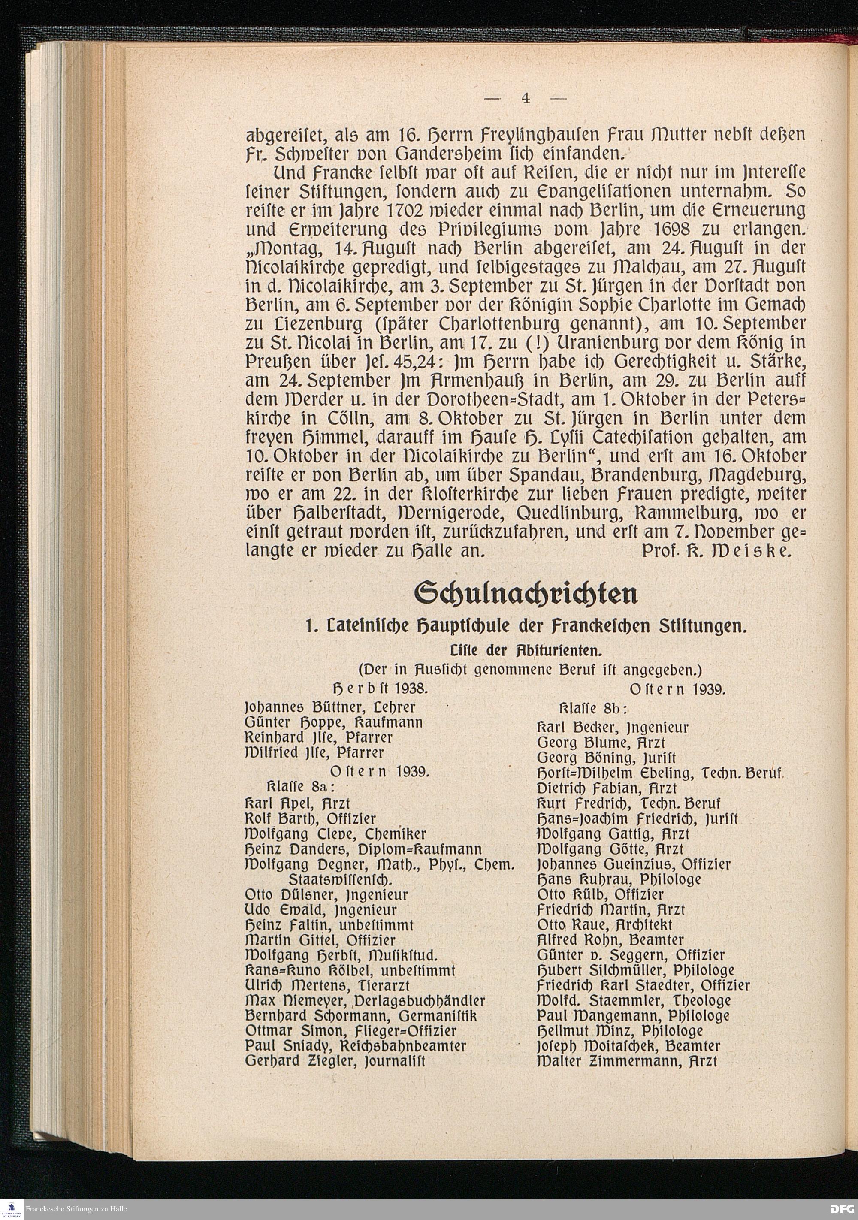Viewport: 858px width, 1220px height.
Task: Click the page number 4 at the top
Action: (x=526, y=98)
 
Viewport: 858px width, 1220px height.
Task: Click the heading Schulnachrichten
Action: (x=526, y=594)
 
